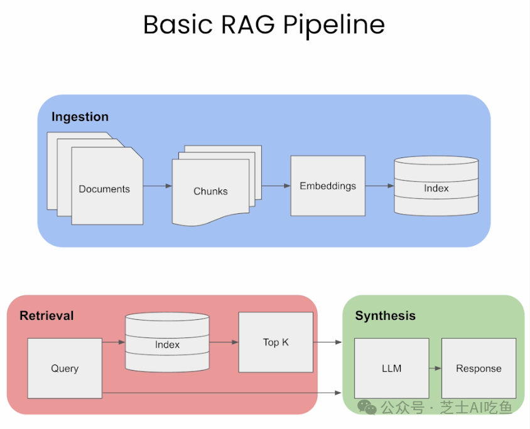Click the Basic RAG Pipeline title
click(264, 25)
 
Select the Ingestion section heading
click(80, 117)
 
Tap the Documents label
click(104, 189)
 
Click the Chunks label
click(210, 191)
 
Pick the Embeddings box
click(327, 186)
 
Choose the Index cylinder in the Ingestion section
click(436, 188)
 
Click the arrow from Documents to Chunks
click(158, 186)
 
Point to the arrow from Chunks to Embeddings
click(276, 186)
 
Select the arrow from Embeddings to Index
click(379, 186)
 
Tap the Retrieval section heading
click(46, 315)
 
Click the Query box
click(65, 368)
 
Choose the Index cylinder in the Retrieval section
click(167, 344)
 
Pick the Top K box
click(276, 342)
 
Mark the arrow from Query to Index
click(114, 342)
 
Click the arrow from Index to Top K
click(224, 342)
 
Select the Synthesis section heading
click(385, 315)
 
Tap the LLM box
click(391, 368)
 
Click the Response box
click(479, 368)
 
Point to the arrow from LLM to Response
click(435, 368)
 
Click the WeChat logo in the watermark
click(367, 408)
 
